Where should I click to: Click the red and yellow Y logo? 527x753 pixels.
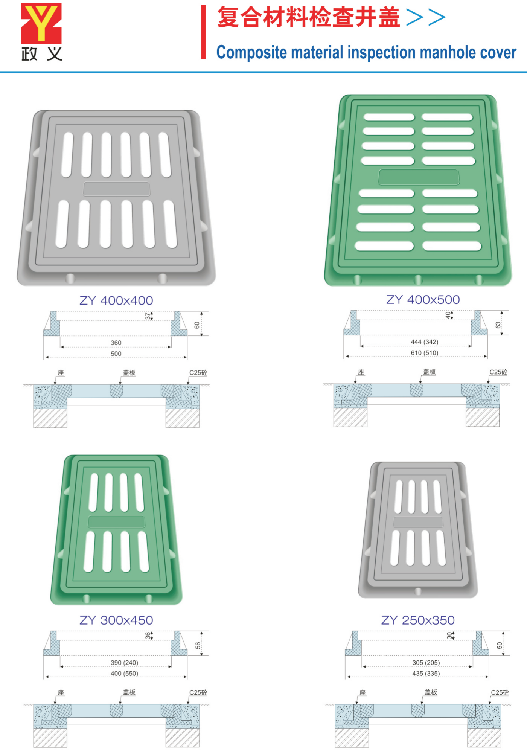coord(41,23)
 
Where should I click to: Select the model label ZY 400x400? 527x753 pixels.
coord(116,300)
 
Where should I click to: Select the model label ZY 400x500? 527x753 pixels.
coord(423,300)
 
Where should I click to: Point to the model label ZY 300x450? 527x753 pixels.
coord(116,620)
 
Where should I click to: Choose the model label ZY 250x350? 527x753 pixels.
coord(418,620)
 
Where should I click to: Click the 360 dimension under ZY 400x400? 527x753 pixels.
coord(116,343)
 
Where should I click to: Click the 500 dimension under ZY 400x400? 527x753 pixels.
coord(116,354)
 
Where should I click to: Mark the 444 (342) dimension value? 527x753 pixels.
coord(425,342)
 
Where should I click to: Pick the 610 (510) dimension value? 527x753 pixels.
coord(425,353)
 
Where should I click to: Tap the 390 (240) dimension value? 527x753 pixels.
coord(125,662)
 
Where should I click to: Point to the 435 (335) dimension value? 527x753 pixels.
coord(426,673)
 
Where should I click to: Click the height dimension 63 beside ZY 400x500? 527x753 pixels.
coord(498,325)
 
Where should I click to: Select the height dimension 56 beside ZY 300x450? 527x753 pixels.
coord(198,645)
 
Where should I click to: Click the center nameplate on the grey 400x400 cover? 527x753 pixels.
coord(116,189)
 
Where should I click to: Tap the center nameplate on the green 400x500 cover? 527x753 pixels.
coord(419,177)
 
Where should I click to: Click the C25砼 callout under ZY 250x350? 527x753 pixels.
coord(500,692)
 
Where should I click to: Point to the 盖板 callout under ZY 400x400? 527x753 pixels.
coord(129,373)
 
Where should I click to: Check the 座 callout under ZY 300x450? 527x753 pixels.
coord(61,692)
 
